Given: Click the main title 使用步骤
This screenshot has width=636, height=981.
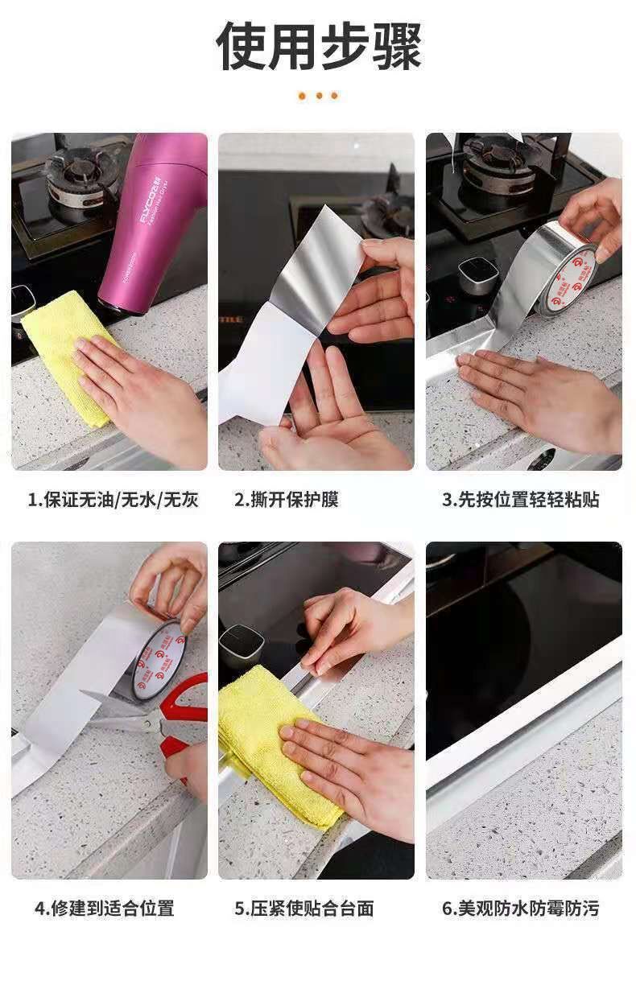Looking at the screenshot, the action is click(319, 46).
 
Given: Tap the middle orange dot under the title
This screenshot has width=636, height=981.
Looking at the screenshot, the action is click(319, 96).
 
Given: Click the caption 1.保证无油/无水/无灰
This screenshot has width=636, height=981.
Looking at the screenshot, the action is click(113, 499).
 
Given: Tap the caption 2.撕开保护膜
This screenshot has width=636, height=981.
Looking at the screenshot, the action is click(286, 499).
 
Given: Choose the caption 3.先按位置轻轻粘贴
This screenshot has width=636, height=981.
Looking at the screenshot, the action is click(520, 499).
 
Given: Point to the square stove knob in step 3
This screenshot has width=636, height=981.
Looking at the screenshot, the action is click(479, 276).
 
